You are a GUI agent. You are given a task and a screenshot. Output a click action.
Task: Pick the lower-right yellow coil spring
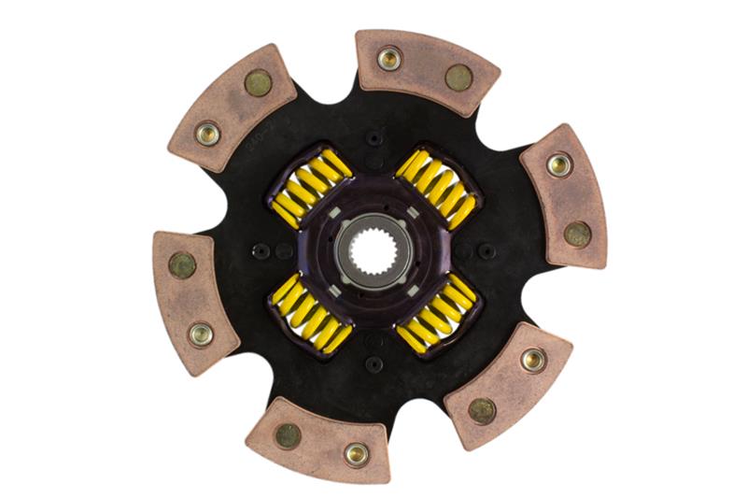point(436,313)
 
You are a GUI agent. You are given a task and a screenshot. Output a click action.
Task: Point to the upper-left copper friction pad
point(233,107)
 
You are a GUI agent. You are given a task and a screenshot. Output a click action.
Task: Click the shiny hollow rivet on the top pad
point(388,59)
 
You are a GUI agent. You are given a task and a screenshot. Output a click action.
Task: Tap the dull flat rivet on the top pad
point(458,78)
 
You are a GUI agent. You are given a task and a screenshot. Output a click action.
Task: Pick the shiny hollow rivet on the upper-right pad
point(558,165)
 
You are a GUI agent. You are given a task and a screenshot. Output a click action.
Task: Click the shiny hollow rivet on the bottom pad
point(356,454)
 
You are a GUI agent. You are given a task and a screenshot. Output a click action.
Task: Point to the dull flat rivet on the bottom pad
point(289,434)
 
